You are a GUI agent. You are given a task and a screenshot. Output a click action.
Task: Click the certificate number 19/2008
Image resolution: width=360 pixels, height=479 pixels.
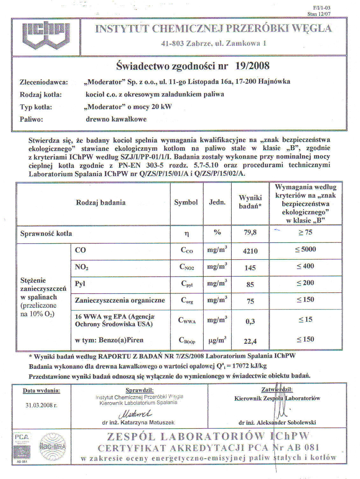(x=252, y=66)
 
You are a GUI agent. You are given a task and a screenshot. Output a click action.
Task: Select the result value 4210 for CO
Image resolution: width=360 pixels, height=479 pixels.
(x=250, y=251)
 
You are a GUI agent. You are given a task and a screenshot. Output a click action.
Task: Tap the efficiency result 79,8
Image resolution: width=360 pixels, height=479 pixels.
(x=250, y=233)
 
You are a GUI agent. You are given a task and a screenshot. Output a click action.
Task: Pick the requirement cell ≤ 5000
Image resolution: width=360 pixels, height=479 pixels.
(x=305, y=249)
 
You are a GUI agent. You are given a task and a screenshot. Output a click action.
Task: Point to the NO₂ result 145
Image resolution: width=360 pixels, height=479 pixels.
(x=250, y=268)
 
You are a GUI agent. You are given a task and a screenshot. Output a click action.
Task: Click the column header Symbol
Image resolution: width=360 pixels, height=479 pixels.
(x=186, y=203)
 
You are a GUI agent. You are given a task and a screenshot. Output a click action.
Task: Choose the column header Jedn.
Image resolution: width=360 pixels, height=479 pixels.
(x=217, y=202)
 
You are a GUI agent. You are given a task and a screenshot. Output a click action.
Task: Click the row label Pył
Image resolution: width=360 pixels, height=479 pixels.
(x=80, y=283)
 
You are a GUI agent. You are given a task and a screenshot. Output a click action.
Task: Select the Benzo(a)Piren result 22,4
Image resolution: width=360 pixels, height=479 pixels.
(x=250, y=342)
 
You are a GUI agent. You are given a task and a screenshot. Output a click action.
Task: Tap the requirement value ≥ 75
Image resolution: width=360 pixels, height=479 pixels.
(x=305, y=232)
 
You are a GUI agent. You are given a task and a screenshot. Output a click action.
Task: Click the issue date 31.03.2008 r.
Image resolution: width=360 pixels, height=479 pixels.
(x=41, y=405)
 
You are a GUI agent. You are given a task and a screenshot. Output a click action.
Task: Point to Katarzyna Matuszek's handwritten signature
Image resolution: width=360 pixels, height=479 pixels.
(x=135, y=414)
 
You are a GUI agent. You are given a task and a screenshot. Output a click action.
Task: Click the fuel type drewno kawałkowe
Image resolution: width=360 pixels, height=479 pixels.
(x=116, y=119)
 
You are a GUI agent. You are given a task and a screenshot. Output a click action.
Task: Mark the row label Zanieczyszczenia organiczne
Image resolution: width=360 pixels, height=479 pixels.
(x=120, y=300)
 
